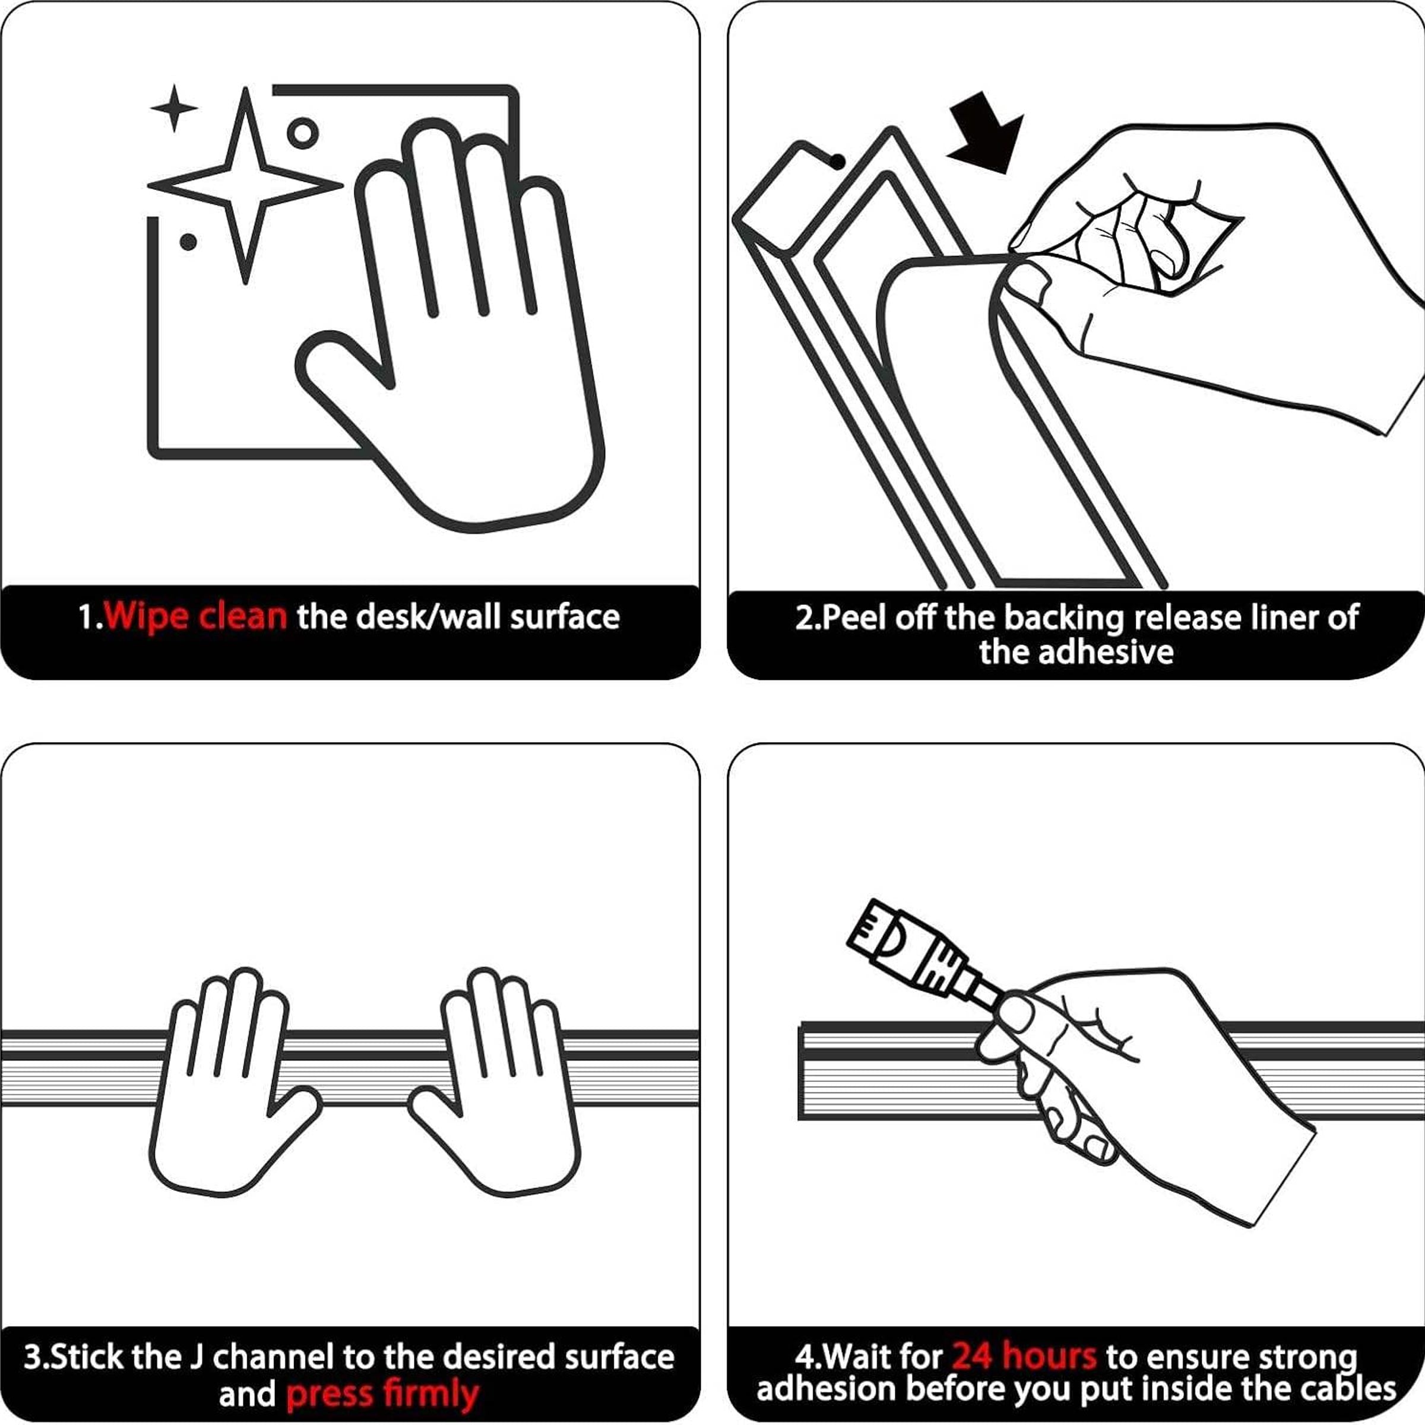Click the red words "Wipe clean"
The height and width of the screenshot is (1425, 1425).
click(x=195, y=616)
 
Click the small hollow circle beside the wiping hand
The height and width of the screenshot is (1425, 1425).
click(x=302, y=134)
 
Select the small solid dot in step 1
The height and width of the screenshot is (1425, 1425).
click(x=188, y=241)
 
